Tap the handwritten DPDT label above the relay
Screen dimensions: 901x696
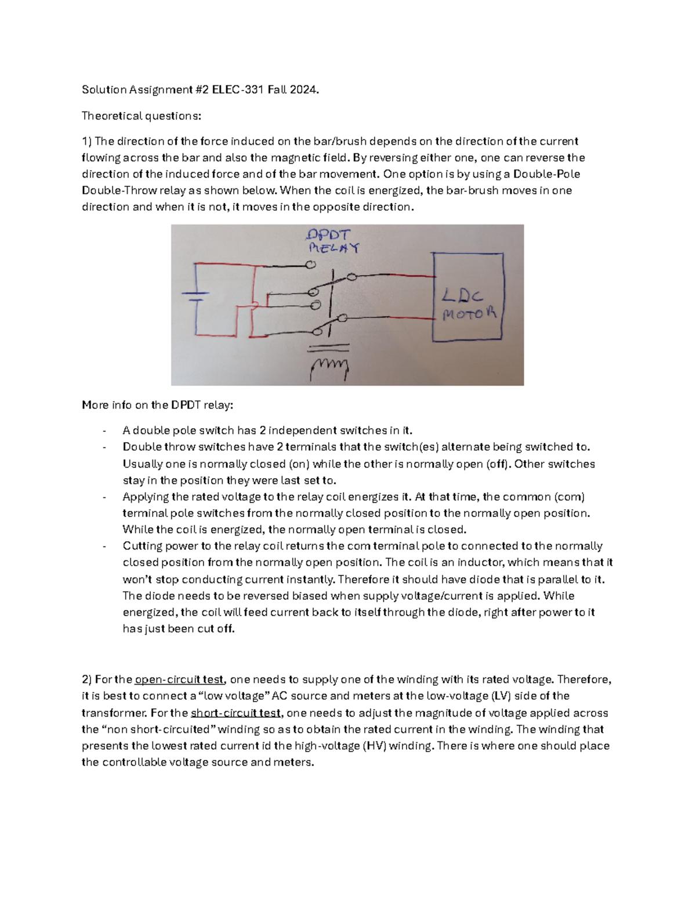pos(328,235)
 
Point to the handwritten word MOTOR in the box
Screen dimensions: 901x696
pos(470,314)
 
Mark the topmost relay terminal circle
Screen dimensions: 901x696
pos(310,265)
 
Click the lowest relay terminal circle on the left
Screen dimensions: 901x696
pos(317,331)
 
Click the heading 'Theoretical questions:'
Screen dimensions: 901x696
pos(142,116)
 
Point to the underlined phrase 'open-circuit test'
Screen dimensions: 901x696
pos(179,679)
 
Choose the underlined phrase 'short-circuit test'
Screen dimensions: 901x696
pos(235,713)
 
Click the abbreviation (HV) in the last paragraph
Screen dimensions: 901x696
pos(374,746)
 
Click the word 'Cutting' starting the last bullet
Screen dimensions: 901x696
pos(142,546)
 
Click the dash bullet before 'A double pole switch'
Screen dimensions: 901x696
pos(104,431)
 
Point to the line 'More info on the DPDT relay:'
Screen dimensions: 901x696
pos(157,405)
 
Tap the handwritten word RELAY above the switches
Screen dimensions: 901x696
pos(333,248)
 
